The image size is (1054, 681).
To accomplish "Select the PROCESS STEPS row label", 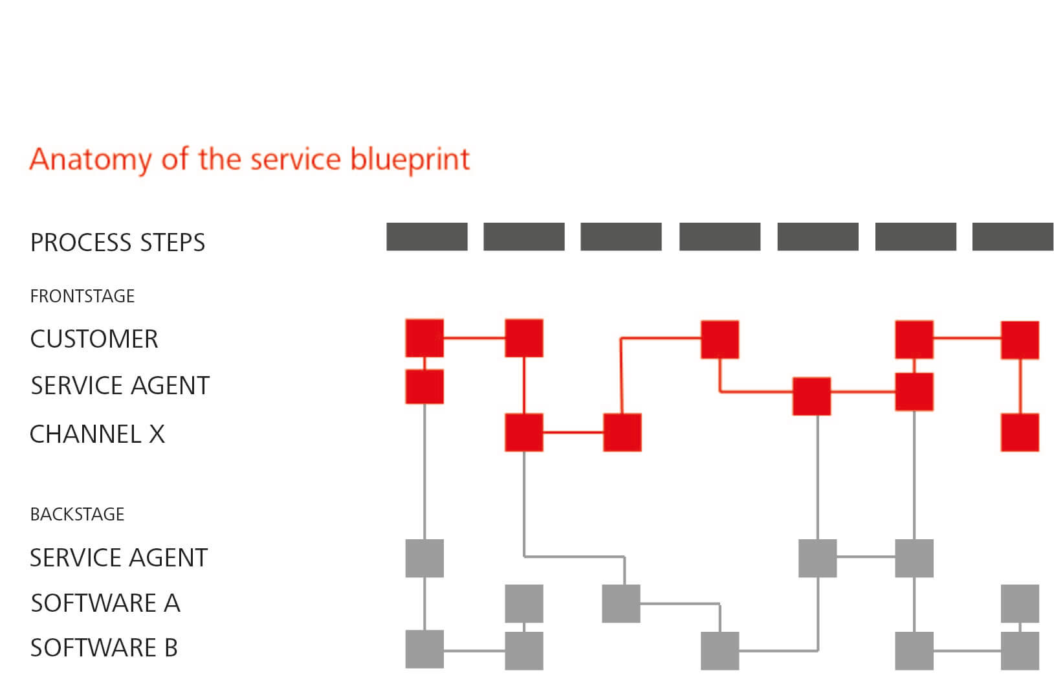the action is coord(118,242).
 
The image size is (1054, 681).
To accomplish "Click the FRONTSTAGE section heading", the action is coord(82,296).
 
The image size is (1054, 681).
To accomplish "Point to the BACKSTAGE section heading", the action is coord(77,514).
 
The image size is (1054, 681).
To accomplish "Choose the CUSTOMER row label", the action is coord(94,339).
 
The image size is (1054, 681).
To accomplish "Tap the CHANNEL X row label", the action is coord(98,434).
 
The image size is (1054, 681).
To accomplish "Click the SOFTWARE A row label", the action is coord(105,603).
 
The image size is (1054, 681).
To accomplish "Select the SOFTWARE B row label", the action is coord(104,647).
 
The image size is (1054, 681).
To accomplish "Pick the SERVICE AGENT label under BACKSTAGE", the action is coord(118,558).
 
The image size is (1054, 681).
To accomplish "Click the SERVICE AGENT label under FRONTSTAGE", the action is coord(120,385).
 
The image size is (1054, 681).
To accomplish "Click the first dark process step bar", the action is coord(427,237).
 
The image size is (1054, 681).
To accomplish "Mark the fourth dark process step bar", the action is coord(720,237).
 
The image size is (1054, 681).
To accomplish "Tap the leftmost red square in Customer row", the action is coord(424,338).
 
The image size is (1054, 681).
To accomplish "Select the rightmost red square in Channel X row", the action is coord(1020,432).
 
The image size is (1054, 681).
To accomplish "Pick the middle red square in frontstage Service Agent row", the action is coord(811,396).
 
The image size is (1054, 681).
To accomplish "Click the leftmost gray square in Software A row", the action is coord(524,603).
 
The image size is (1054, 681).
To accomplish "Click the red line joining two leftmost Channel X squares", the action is coord(573,432).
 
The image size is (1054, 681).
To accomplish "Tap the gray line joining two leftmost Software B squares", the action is coord(474,651).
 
